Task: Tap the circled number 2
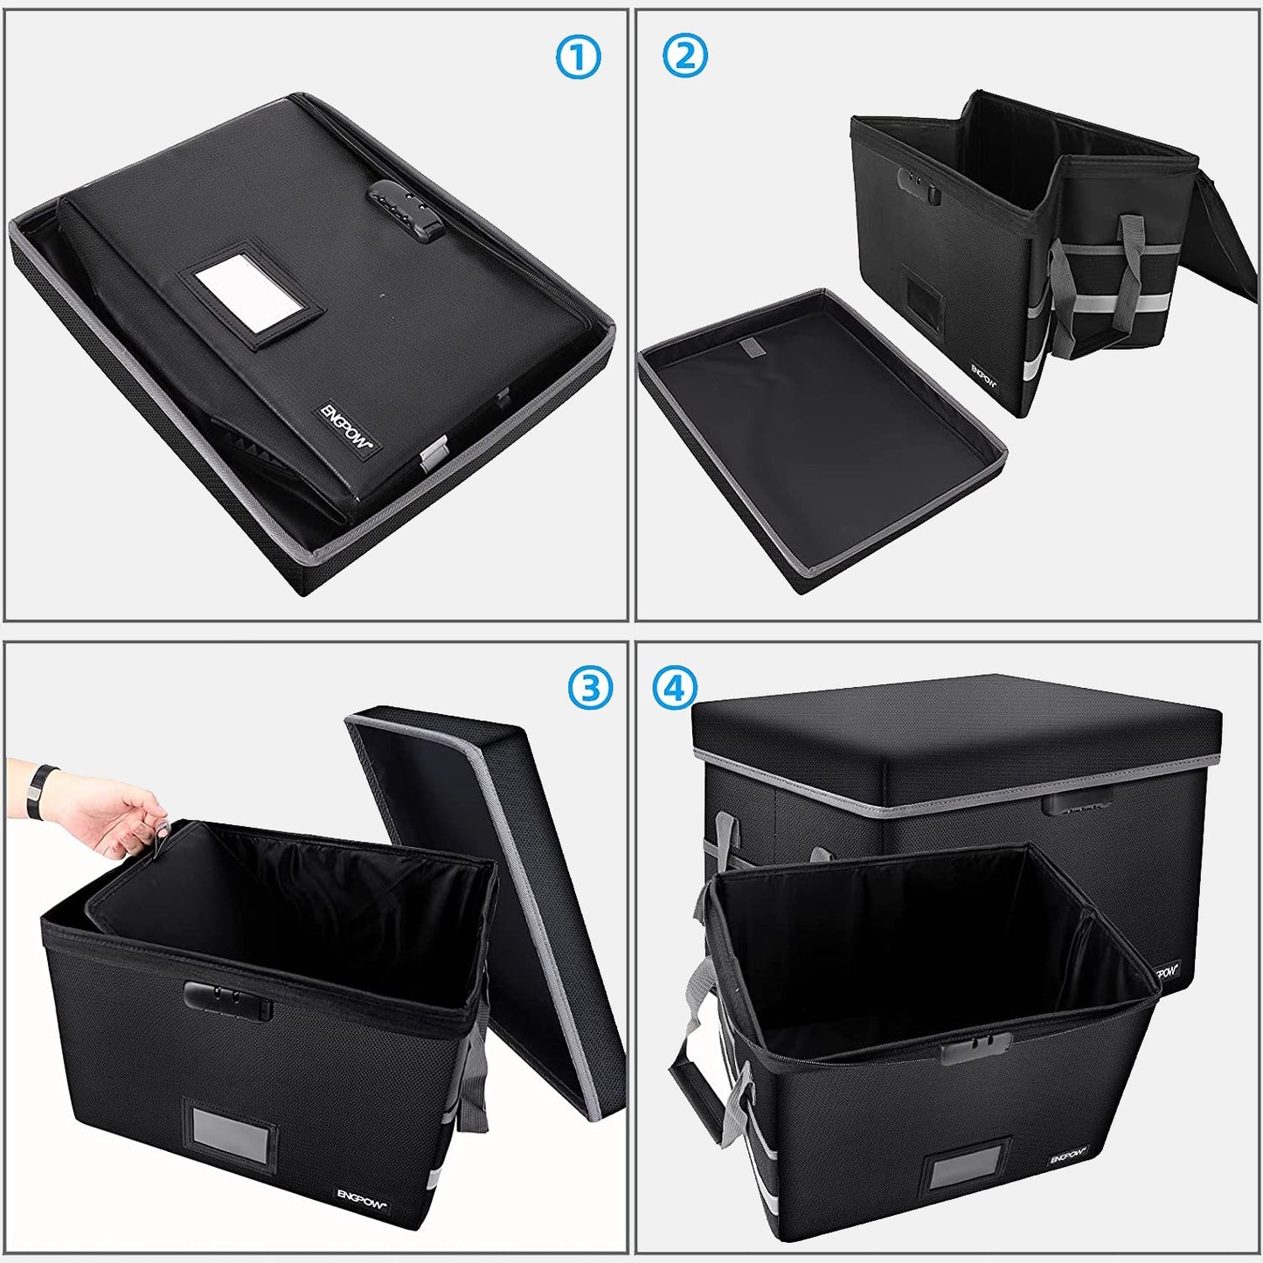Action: click(685, 56)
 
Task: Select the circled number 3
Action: click(590, 688)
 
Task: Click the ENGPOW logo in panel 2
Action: click(983, 376)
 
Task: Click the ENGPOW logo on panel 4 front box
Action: click(1068, 1155)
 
